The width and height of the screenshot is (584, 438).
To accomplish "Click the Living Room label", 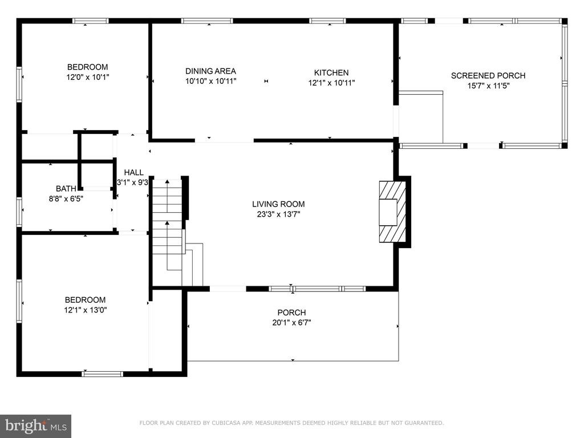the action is click(278, 204).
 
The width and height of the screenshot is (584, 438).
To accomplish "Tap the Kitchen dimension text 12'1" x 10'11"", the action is click(331, 83).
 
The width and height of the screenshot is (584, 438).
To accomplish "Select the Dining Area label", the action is click(210, 71).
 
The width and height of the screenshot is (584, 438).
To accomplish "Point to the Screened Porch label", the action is click(488, 76).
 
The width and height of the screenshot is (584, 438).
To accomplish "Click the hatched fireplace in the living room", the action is click(392, 212).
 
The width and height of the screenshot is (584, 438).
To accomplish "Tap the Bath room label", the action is click(66, 189).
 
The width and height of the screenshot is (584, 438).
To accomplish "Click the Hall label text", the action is click(133, 172).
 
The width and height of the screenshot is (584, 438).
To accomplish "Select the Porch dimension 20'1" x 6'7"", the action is click(291, 323).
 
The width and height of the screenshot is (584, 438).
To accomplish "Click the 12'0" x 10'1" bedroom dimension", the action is click(88, 77).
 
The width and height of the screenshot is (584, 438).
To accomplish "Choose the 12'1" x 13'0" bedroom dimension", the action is click(86, 310).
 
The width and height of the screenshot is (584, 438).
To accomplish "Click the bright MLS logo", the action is click(36, 426).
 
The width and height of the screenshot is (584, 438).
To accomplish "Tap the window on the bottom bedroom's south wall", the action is click(103, 374).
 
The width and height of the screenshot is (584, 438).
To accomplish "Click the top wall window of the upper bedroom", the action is click(91, 21).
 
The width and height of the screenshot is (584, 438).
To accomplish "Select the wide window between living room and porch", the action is click(317, 289).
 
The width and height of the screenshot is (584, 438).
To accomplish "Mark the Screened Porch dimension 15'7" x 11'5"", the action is click(488, 86).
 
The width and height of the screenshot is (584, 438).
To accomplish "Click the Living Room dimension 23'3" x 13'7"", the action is click(278, 214).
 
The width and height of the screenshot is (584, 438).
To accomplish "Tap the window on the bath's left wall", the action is click(19, 212).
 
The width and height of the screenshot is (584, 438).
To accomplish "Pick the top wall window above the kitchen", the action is click(328, 21).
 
